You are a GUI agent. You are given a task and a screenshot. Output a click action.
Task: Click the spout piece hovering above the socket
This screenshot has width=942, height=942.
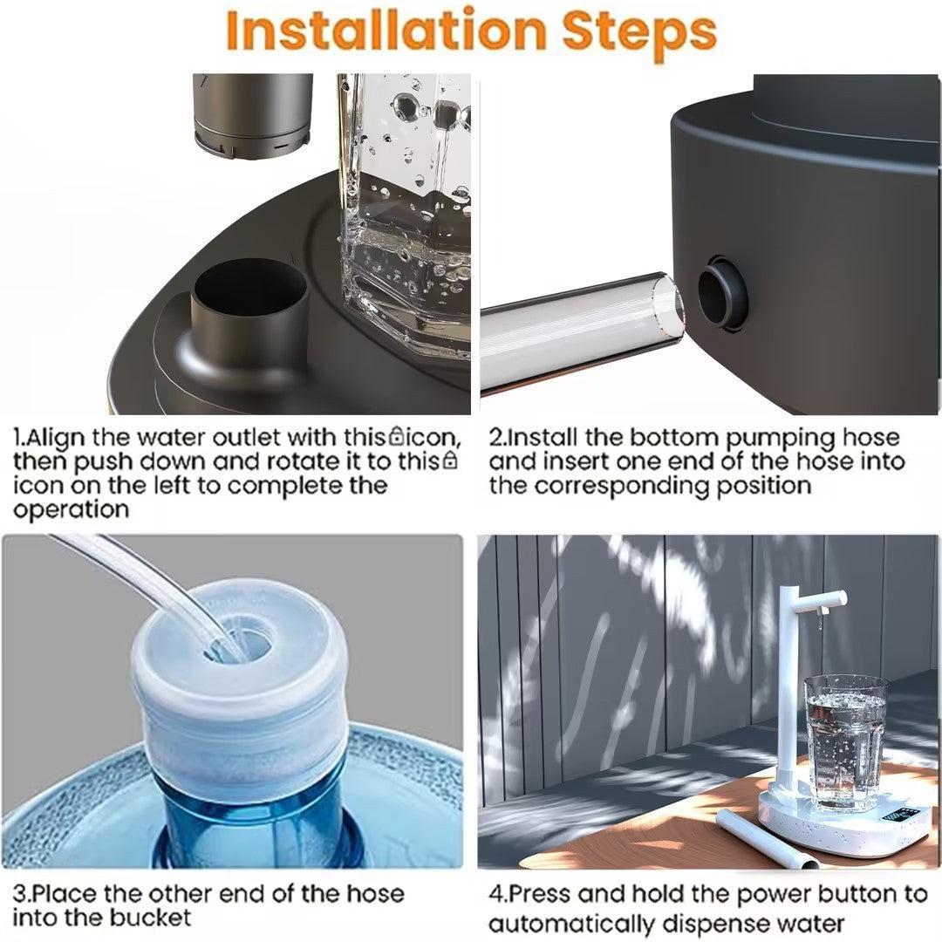point(252,113)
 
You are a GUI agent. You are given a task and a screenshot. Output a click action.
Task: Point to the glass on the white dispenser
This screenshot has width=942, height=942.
point(844,741)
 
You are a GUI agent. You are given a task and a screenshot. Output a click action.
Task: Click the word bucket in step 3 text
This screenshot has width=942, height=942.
point(149,918)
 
